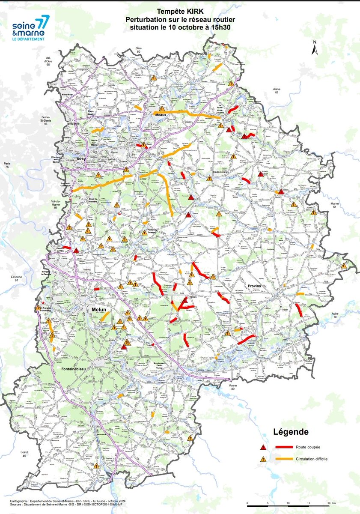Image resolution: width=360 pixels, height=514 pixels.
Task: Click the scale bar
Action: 288,502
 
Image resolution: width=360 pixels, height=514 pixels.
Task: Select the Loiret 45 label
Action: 24,454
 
